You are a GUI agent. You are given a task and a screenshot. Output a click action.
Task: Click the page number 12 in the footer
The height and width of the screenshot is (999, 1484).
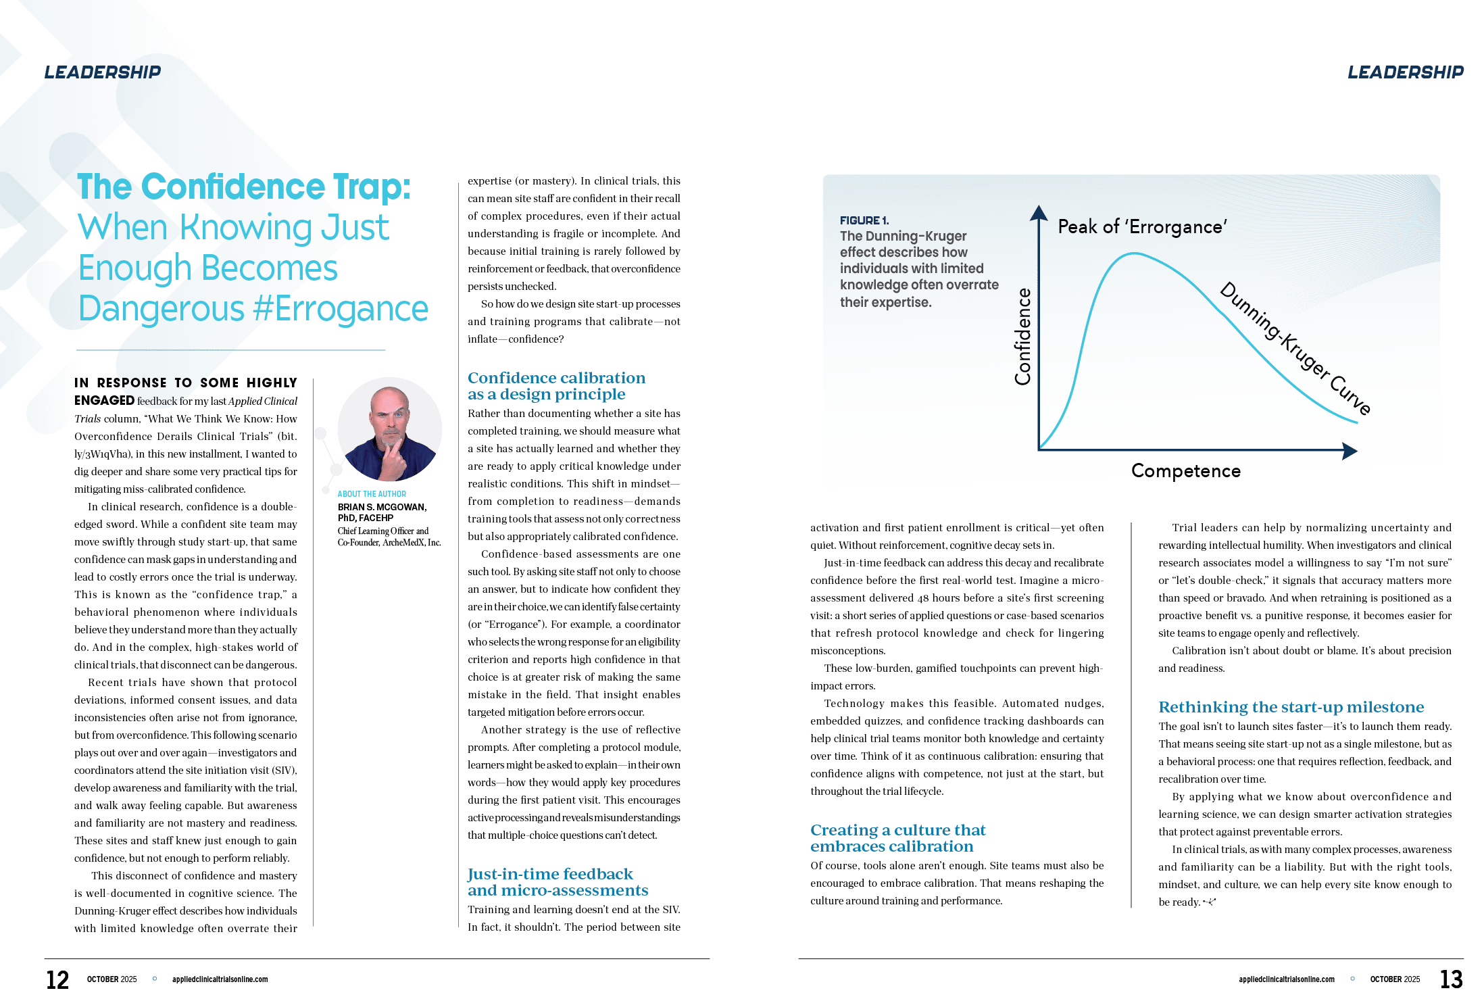click(57, 979)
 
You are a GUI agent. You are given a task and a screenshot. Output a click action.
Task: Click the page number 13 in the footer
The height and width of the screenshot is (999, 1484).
click(1451, 979)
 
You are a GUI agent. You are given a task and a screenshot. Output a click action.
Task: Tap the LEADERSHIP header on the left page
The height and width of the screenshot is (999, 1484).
click(103, 72)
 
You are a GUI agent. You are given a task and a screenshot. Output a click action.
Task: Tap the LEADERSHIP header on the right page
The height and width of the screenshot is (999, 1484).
click(1406, 72)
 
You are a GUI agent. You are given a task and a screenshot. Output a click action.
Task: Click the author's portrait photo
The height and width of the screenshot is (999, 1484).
click(389, 430)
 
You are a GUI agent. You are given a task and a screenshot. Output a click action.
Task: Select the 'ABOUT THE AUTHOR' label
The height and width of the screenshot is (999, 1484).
click(372, 494)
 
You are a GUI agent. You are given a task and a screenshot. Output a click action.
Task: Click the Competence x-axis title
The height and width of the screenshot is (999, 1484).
click(1186, 471)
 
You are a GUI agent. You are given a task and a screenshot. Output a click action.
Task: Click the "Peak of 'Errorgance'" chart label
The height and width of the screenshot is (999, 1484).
click(1142, 226)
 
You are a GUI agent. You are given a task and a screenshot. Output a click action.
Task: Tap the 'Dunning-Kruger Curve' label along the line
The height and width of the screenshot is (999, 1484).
click(1295, 348)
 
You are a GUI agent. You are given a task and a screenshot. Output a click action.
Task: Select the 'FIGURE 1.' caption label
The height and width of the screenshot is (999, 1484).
click(864, 220)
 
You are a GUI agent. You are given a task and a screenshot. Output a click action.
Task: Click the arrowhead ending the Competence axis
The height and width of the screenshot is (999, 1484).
click(1350, 452)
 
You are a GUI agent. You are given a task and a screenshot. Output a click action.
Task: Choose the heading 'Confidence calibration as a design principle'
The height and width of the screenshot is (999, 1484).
click(556, 386)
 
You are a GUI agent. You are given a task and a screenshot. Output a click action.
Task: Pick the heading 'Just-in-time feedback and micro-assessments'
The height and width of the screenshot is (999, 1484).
click(558, 882)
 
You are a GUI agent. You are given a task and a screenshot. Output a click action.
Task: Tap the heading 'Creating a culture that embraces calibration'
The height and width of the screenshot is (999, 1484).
click(897, 838)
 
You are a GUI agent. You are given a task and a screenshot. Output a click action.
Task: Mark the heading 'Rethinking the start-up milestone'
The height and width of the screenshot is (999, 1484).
click(1291, 707)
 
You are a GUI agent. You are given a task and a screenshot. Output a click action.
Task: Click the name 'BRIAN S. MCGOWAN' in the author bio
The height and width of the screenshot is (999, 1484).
click(382, 507)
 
